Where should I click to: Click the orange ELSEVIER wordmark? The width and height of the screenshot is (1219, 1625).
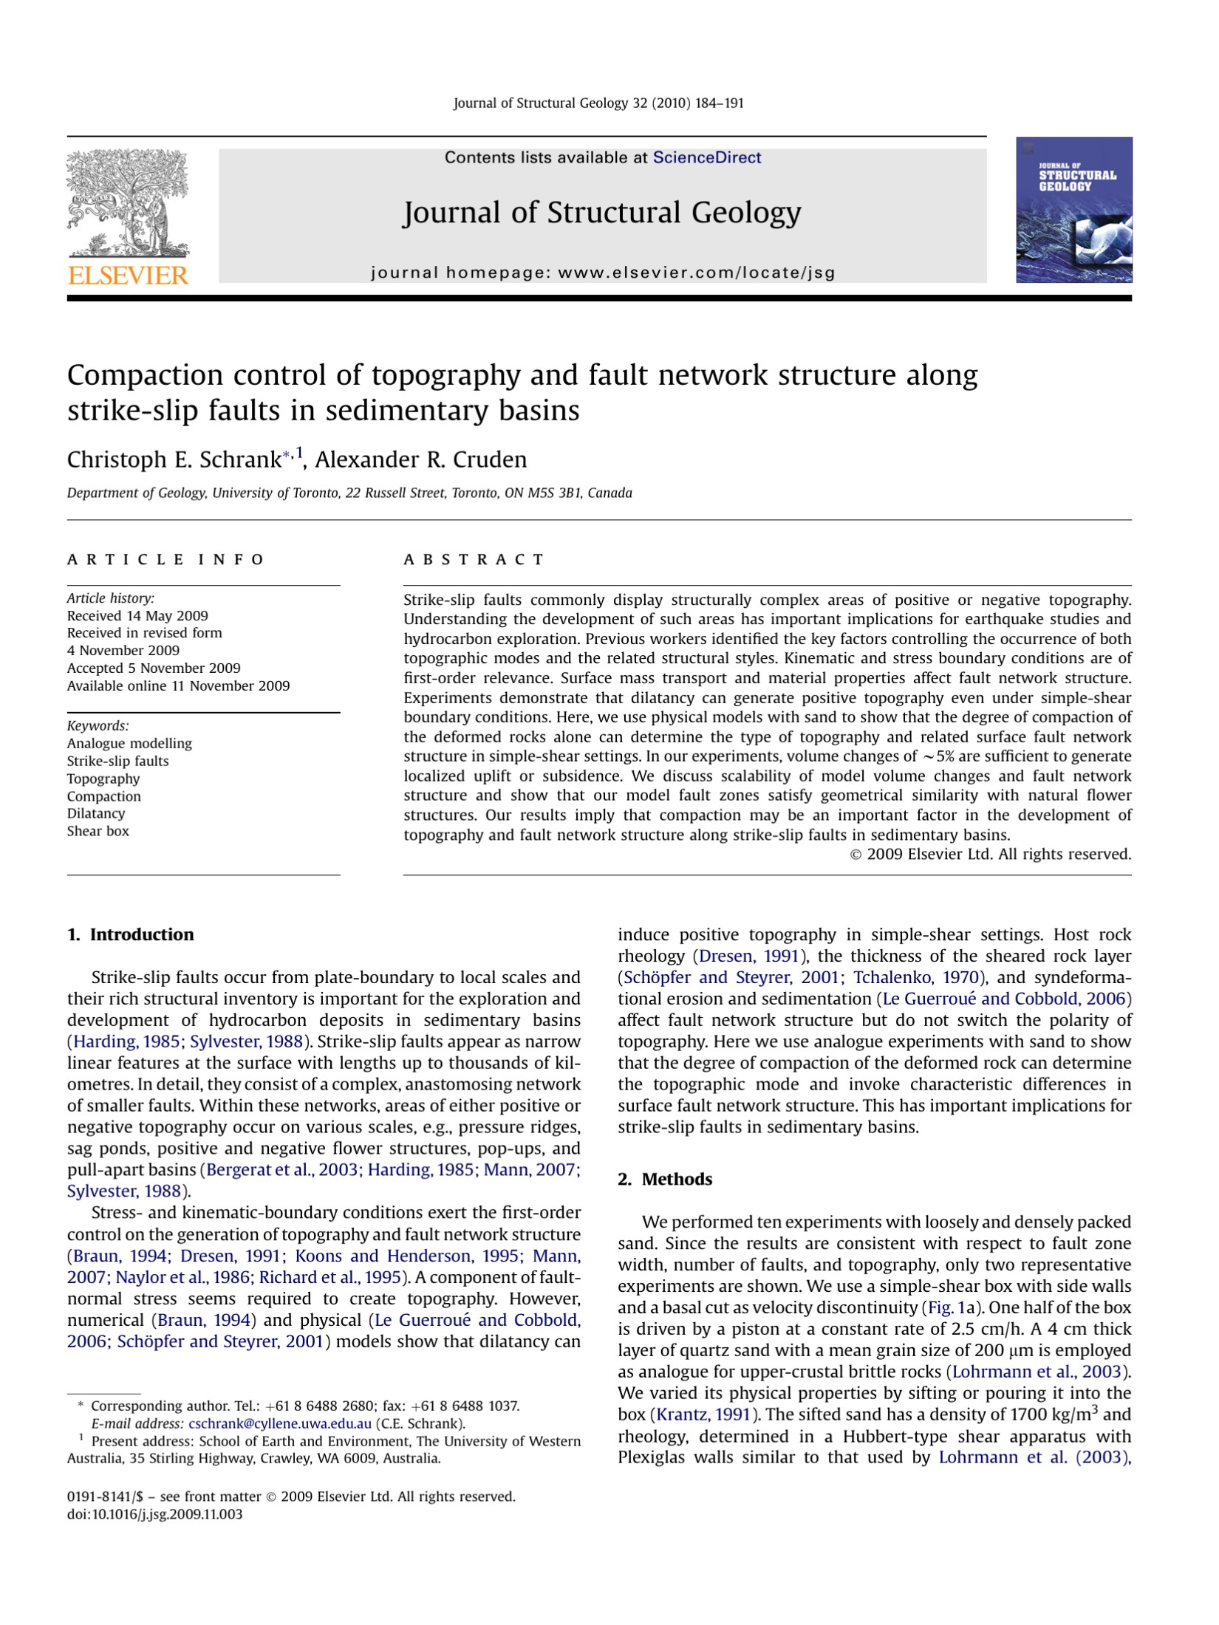click(128, 276)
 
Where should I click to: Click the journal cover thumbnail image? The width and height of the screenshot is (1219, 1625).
click(1073, 210)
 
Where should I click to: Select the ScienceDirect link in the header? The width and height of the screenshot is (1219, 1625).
click(706, 157)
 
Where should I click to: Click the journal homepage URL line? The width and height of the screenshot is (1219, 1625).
click(602, 273)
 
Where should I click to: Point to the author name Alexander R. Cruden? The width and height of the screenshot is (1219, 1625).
click(420, 459)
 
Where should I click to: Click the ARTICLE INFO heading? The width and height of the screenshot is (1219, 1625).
click(165, 559)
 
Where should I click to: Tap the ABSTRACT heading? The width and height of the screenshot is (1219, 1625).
click(474, 559)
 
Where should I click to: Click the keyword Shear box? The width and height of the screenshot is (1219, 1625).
click(98, 831)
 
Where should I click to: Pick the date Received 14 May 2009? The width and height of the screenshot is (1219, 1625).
click(137, 615)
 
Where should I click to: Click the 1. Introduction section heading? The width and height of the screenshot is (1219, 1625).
click(131, 934)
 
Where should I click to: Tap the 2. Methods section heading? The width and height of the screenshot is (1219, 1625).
click(665, 1179)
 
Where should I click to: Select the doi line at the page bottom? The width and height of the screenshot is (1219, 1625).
click(154, 1514)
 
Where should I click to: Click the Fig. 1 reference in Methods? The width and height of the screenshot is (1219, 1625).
click(942, 1307)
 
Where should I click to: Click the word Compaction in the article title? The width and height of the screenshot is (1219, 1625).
click(144, 375)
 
